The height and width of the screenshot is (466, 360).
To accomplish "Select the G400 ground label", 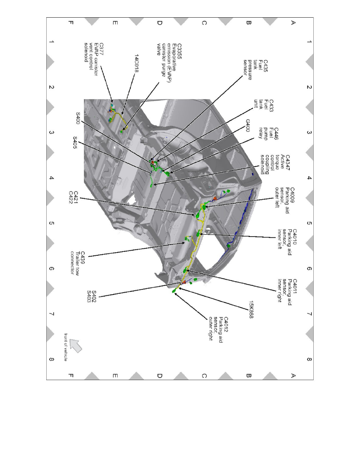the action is (x=248, y=126).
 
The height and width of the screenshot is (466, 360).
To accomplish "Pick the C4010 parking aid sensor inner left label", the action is (x=287, y=239).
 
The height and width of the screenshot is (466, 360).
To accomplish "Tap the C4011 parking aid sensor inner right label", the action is (x=287, y=290).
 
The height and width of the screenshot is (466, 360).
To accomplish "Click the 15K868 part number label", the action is (x=251, y=309).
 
